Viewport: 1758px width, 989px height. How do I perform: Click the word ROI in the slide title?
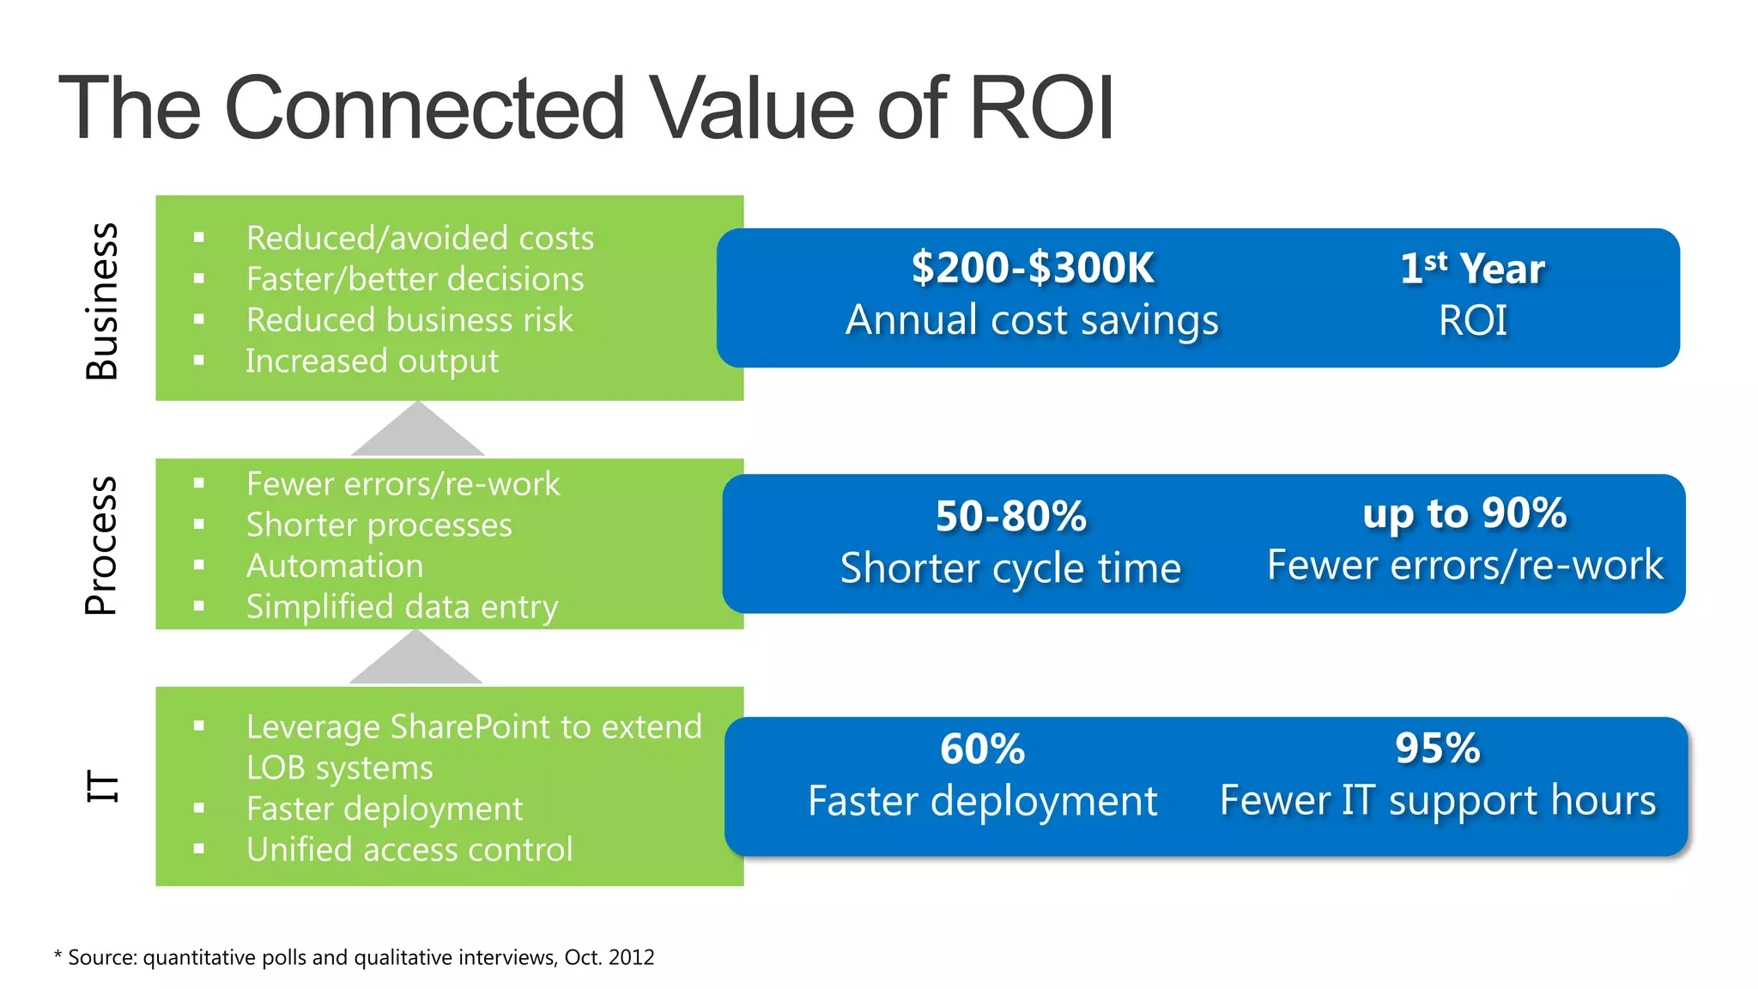[1040, 109]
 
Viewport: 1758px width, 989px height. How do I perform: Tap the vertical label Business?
[102, 301]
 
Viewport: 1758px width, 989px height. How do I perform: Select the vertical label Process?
[101, 545]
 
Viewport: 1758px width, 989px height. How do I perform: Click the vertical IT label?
[103, 786]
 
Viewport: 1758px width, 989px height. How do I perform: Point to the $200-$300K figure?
[1032, 268]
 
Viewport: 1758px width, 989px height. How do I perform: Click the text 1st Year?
[1472, 269]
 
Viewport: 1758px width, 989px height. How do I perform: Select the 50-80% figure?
[1010, 516]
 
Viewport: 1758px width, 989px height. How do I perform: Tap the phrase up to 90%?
[1464, 513]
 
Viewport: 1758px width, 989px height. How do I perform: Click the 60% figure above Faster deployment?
[982, 749]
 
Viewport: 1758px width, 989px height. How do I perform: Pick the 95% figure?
[1437, 748]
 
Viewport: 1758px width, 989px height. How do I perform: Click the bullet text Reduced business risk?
[409, 320]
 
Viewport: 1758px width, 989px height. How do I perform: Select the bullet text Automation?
[335, 567]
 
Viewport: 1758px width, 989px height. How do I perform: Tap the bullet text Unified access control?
[409, 850]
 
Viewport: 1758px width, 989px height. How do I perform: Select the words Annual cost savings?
[1032, 320]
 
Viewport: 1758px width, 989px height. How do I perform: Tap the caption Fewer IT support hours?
[1437, 801]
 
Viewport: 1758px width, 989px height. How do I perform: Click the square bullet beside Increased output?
[199, 361]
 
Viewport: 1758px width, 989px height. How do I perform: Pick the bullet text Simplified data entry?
[402, 607]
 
